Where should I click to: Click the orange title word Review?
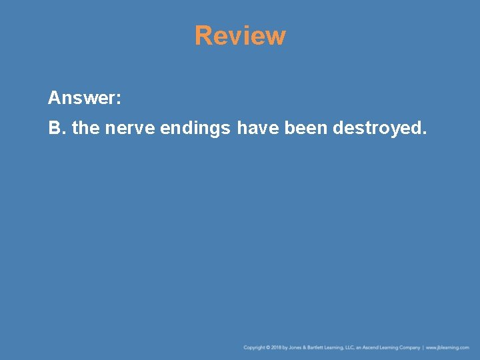(240, 36)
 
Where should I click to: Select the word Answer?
(84, 99)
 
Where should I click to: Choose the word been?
(306, 127)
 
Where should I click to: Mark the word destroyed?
(379, 128)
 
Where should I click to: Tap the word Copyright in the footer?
(254, 347)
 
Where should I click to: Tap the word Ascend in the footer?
(373, 347)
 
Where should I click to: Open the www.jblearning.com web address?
(447, 347)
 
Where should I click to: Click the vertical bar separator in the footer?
(423, 347)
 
